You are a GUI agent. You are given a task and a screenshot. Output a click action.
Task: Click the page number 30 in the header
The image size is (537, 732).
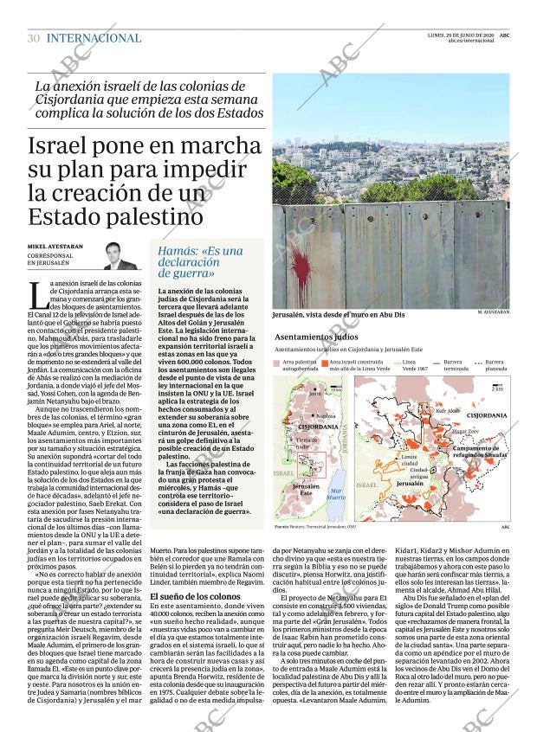pos(34,38)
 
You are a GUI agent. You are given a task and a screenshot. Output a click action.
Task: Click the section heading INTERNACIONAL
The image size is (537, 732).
pos(94,38)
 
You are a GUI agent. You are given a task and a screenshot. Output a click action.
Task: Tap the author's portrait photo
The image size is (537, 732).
pos(120,256)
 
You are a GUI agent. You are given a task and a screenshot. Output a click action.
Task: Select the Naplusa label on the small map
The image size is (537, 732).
pos(327,415)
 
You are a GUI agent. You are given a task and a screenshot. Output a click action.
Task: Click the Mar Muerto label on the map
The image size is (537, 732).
pos(336,494)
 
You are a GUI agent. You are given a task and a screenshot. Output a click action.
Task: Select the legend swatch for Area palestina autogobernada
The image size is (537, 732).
pos(277,362)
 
